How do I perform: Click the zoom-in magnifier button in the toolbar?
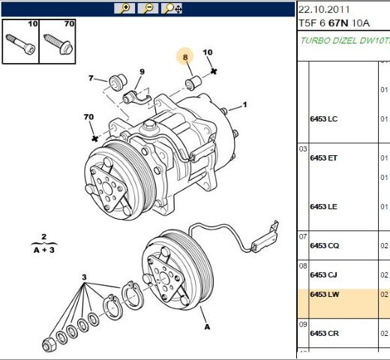(124, 8)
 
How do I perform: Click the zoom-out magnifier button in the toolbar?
(148, 8)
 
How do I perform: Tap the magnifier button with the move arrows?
(172, 8)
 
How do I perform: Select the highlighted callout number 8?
(185, 57)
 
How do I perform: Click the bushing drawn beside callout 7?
(118, 82)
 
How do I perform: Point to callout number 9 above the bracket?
(142, 72)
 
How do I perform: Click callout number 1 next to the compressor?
(244, 104)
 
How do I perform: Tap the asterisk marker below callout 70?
(94, 138)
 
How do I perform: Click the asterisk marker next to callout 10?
(214, 71)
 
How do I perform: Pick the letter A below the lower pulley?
(207, 327)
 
